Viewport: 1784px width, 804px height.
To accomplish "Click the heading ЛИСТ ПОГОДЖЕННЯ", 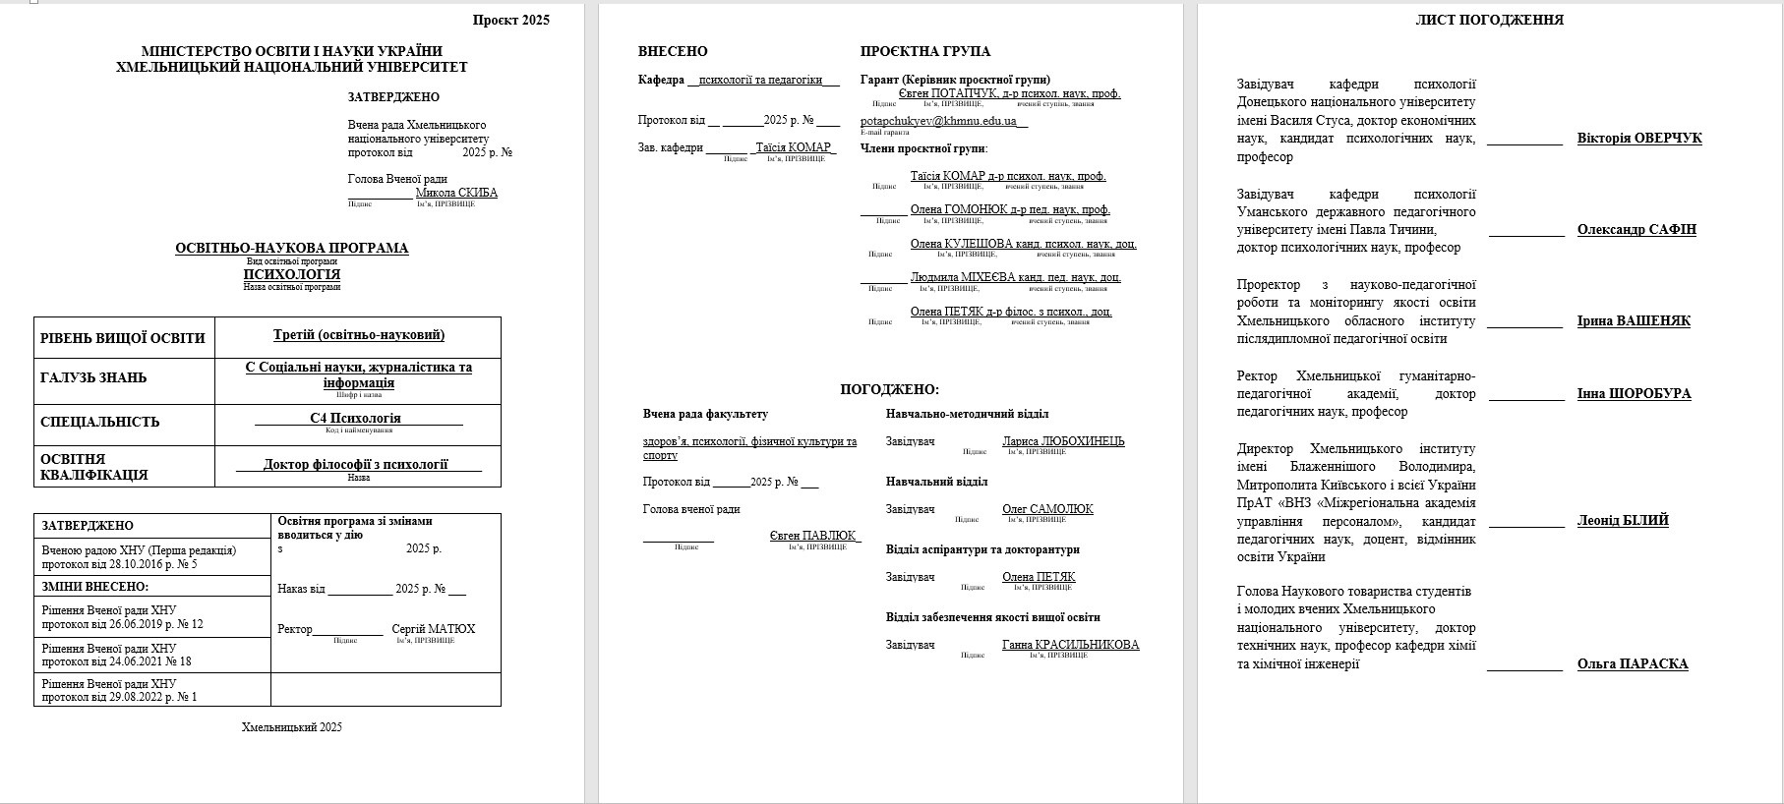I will coord(1489,20).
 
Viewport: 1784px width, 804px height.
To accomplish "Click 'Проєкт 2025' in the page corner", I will coord(510,20).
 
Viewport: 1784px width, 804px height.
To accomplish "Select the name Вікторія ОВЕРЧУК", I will coord(1638,139).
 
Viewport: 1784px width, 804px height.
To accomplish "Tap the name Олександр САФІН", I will coord(1636,230).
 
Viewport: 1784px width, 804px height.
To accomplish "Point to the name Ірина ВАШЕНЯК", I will coord(1634,321).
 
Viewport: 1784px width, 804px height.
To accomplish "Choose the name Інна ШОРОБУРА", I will coord(1634,394).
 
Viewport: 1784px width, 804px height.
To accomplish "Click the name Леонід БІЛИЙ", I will coord(1623,521).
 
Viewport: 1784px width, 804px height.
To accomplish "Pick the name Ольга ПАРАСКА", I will coord(1632,664).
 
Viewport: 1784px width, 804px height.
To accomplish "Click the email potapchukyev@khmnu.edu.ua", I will coord(942,121).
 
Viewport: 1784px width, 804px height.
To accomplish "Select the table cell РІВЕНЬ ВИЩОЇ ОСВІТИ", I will coord(123,338).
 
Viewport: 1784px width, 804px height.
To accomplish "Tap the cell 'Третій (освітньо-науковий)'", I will coord(358,335).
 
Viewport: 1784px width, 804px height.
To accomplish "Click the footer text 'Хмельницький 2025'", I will coord(291,727).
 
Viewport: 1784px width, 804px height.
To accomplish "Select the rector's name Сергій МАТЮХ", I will coord(433,629).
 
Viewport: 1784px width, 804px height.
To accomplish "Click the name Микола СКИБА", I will coord(456,193).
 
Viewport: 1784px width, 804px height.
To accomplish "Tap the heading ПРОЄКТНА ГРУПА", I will coord(924,51).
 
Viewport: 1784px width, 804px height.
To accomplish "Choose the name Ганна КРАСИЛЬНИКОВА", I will coord(1070,645).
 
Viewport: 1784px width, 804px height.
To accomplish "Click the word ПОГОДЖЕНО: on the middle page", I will coord(889,390).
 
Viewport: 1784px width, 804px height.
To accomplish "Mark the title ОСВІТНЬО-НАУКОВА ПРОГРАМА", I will coord(291,249).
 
